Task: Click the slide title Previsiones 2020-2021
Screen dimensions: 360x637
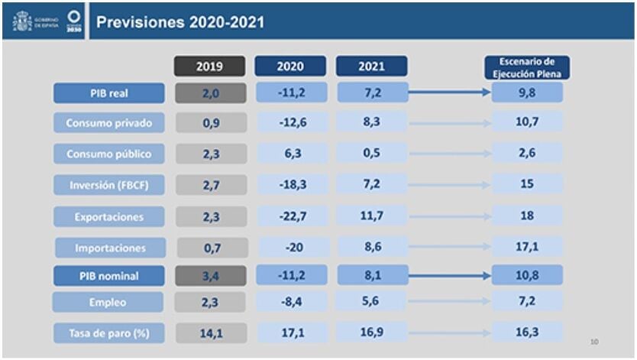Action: coord(180,21)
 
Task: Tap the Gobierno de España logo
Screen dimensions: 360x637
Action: coord(34,21)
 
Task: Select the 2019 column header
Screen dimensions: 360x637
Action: coord(209,66)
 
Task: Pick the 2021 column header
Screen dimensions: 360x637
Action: coord(371,66)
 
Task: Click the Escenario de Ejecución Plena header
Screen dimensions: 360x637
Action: coord(527,66)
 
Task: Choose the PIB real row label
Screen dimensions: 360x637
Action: coord(108,93)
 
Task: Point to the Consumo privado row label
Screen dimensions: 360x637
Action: coord(108,122)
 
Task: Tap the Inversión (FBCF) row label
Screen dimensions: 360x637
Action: coord(108,184)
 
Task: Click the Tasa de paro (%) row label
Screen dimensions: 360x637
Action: coord(108,332)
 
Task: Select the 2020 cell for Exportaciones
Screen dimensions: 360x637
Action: coord(290,216)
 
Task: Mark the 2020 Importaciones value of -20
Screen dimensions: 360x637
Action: coord(290,248)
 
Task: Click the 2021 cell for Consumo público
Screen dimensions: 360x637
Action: coord(371,154)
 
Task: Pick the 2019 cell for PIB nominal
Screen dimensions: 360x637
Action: coord(211,275)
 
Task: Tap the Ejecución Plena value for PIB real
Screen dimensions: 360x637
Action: coord(527,93)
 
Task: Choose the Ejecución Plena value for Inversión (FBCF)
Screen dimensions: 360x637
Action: coord(527,184)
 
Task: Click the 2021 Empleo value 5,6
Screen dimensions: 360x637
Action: coord(371,301)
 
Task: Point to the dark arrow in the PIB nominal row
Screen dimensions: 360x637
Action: coord(449,275)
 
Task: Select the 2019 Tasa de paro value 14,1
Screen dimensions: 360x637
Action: coord(211,332)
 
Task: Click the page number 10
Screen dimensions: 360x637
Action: coord(593,341)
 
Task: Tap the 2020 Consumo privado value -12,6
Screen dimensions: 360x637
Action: coord(290,122)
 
